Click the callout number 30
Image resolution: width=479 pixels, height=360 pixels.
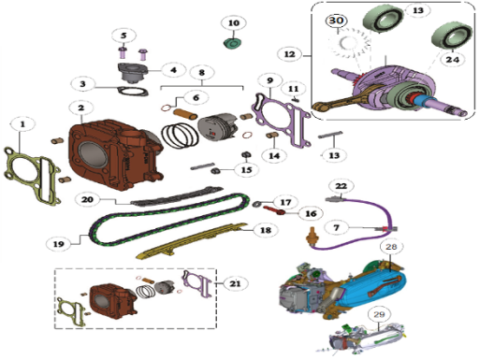[336, 21]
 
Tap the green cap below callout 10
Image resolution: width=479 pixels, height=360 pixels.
[233, 43]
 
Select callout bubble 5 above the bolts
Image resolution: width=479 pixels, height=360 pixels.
[123, 36]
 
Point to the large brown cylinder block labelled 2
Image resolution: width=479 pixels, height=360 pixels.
[115, 153]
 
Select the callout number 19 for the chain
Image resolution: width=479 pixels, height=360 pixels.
[59, 244]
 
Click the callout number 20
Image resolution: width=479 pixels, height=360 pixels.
[87, 199]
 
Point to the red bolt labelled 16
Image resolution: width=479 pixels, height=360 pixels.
[274, 210]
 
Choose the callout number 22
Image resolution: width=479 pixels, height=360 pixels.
[341, 186]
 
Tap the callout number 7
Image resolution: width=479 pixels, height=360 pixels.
[336, 227]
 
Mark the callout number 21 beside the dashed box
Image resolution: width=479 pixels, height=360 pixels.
[235, 283]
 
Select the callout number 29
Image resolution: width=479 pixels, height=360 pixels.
[379, 314]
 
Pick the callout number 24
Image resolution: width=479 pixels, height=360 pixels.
[453, 59]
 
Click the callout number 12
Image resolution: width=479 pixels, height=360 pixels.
[289, 54]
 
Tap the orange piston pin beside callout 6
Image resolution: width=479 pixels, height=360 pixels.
[185, 114]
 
